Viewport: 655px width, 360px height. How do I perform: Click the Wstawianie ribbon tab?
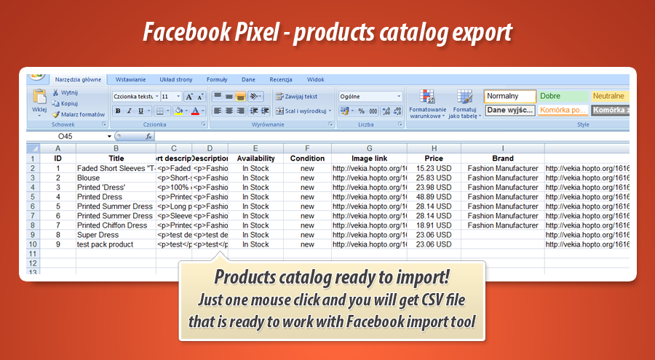pyautogui.click(x=130, y=79)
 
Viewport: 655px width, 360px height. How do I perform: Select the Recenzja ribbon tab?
pyautogui.click(x=280, y=79)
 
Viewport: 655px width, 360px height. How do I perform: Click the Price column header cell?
pyautogui.click(x=434, y=158)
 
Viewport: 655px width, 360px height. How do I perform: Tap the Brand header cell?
pyautogui.click(x=502, y=158)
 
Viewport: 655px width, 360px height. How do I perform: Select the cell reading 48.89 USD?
pyautogui.click(x=434, y=196)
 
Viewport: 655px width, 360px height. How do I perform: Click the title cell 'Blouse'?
pyautogui.click(x=88, y=177)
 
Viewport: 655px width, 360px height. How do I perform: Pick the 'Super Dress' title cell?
pyautogui.click(x=98, y=235)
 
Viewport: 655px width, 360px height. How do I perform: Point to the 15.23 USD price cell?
pyautogui.click(x=434, y=168)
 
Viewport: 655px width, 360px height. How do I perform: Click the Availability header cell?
pyautogui.click(x=255, y=158)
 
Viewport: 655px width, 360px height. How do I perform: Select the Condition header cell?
pyautogui.click(x=307, y=158)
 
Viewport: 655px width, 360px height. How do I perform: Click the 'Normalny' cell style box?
pyautogui.click(x=509, y=96)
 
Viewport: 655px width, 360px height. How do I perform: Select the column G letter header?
pyautogui.click(x=369, y=148)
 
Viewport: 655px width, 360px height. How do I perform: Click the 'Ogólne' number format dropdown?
pyautogui.click(x=370, y=96)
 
